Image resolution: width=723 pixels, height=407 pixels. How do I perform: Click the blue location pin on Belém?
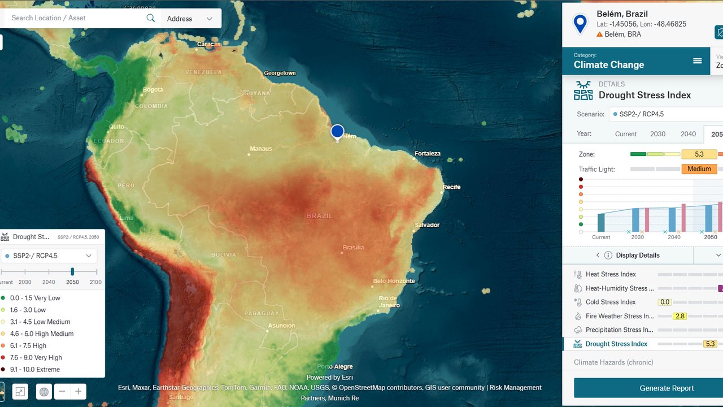pyautogui.click(x=337, y=132)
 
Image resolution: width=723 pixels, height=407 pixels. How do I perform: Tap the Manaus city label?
pyautogui.click(x=260, y=149)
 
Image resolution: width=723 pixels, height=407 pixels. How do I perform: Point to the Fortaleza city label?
pyautogui.click(x=427, y=153)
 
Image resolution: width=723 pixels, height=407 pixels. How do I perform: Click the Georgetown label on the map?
pyautogui.click(x=280, y=73)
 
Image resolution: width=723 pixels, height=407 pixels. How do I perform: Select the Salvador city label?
pyautogui.click(x=427, y=225)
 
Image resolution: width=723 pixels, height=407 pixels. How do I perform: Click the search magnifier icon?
pyautogui.click(x=151, y=18)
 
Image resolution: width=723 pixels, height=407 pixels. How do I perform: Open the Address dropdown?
pyautogui.click(x=190, y=19)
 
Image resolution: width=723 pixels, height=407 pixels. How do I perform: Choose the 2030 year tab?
pyautogui.click(x=657, y=134)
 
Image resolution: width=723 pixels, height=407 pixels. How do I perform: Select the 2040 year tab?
pyautogui.click(x=688, y=134)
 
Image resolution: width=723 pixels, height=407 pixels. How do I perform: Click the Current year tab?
pyautogui.click(x=626, y=134)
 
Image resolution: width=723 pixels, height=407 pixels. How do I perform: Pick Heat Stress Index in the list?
pyautogui.click(x=611, y=274)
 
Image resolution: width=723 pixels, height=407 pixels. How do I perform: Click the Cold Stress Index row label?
pyautogui.click(x=611, y=302)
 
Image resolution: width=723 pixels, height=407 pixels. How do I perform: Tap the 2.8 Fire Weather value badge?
pyautogui.click(x=680, y=316)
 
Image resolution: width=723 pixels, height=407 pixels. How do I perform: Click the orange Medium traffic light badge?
pyautogui.click(x=699, y=168)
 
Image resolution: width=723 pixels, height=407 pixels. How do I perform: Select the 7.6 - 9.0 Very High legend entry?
pyautogui.click(x=36, y=357)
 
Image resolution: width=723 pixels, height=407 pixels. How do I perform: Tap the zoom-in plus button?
pyautogui.click(x=79, y=391)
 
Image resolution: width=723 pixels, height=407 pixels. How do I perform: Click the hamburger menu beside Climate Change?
pyautogui.click(x=698, y=61)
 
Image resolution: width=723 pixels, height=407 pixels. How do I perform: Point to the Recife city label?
pyautogui.click(x=452, y=187)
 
